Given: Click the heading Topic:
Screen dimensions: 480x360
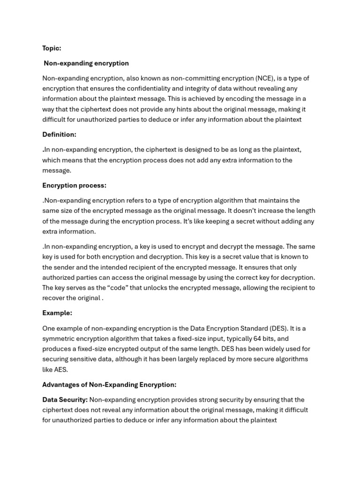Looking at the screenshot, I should [52, 48].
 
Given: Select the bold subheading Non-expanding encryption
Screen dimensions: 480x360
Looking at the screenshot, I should [86, 63].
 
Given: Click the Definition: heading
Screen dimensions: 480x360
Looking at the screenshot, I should [59, 135].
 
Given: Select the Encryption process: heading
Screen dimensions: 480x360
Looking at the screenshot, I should [74, 186].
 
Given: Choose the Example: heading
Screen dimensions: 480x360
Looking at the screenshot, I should [57, 313].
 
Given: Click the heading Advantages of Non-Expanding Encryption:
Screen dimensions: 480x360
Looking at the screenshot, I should [109, 385].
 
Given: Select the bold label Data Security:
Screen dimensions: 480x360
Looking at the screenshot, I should [65, 400].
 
